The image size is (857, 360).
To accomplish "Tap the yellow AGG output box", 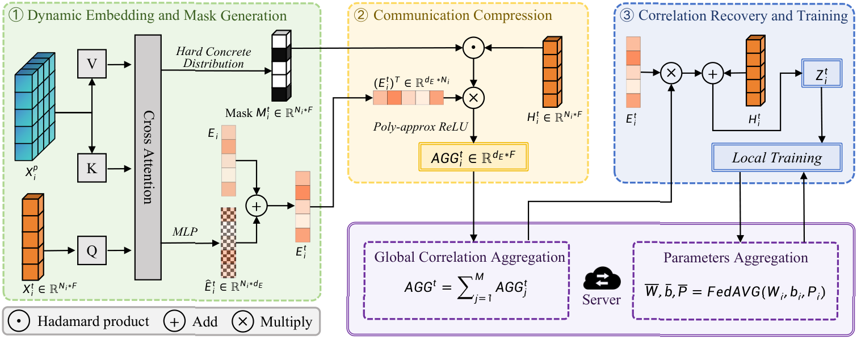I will click(473, 157).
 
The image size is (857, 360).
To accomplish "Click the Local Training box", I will click(778, 158).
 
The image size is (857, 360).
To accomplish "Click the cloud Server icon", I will click(602, 281).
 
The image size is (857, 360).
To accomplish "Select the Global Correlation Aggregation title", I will click(469, 257).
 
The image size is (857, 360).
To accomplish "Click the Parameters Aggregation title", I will click(736, 258).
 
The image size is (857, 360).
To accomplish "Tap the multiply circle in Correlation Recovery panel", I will click(671, 73).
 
